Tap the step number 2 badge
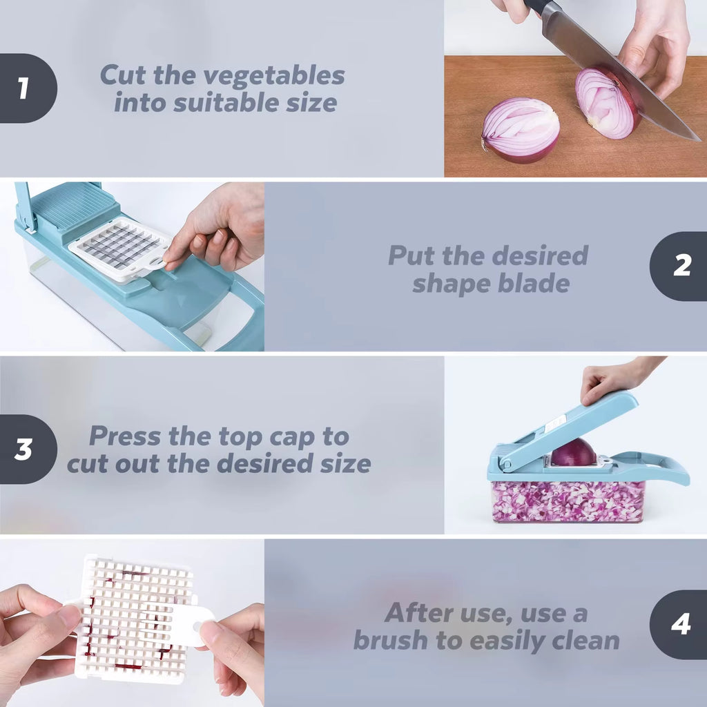680,266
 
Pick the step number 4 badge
680,624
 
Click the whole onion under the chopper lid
573,453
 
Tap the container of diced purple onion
568,501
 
